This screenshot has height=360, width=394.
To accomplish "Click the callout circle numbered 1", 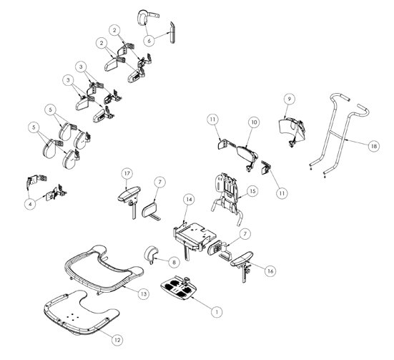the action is [217, 312].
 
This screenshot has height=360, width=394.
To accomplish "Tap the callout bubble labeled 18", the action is [374, 146].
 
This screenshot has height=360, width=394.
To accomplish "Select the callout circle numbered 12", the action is [117, 340].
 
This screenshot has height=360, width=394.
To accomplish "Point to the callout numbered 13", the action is [144, 293].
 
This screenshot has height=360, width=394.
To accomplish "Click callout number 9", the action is [289, 99].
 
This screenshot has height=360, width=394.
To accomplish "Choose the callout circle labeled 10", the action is [255, 122].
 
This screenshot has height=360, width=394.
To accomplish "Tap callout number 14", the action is [189, 200].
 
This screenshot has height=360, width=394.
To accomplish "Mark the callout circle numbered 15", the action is [252, 191].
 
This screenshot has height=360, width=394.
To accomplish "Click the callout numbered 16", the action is [270, 271].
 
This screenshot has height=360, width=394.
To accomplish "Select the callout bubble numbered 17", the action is [127, 173].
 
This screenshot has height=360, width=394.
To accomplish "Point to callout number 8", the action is [174, 262].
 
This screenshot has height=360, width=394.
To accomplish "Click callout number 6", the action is [149, 40].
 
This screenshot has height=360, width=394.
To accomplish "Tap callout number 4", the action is [31, 204].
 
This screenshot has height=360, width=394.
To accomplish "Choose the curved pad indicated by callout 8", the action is [150, 253].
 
